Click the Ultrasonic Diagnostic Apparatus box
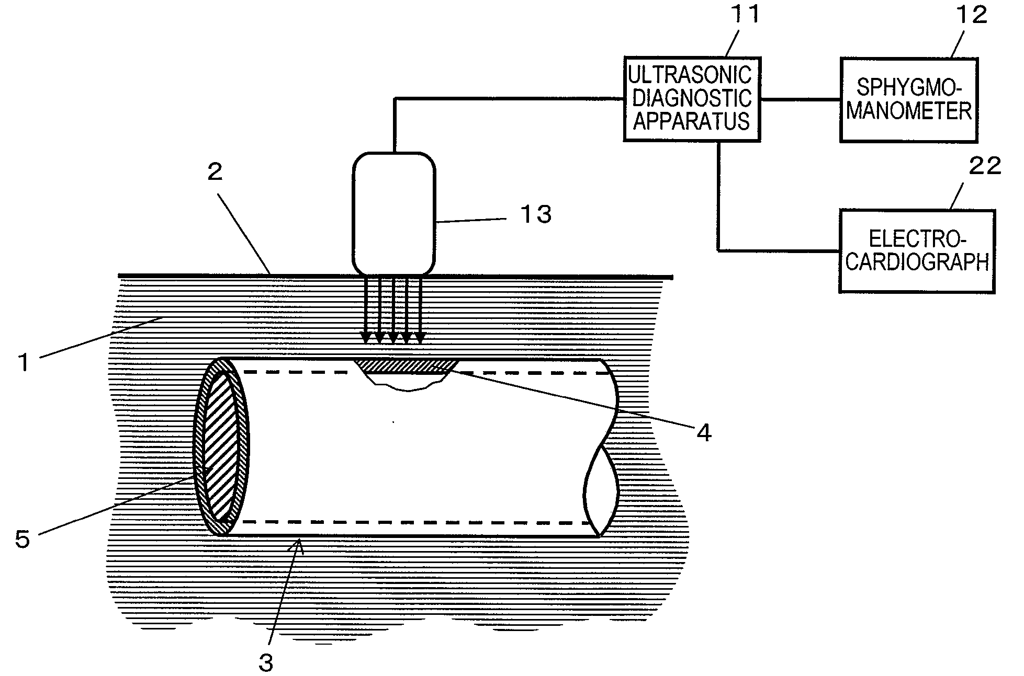click(691, 99)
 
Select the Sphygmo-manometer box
click(908, 100)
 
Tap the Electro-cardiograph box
click(917, 251)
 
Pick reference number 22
click(985, 166)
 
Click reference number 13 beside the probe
click(535, 214)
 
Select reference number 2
click(215, 171)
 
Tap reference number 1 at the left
click(24, 362)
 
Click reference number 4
click(704, 433)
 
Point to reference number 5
click(22, 538)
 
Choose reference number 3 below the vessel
click(266, 662)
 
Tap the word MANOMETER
click(909, 111)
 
